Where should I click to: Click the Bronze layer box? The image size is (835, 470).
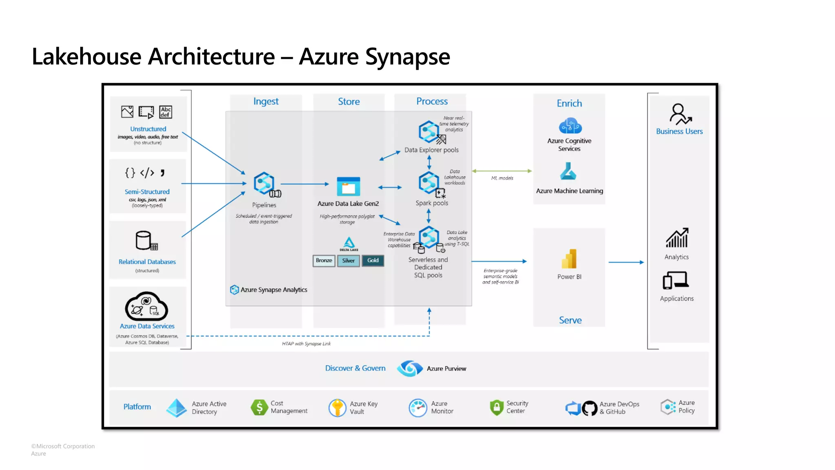click(x=324, y=261)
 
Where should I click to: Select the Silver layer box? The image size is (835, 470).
click(x=349, y=261)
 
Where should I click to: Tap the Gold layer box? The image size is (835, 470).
click(x=373, y=261)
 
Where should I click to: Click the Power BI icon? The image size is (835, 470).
click(x=569, y=259)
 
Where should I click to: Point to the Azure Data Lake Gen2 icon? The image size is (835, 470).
click(x=349, y=187)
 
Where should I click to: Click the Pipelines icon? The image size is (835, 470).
click(x=265, y=184)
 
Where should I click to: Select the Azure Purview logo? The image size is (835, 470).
click(x=410, y=368)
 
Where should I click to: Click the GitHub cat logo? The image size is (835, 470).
click(x=590, y=408)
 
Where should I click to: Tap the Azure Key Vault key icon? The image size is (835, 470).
click(x=337, y=408)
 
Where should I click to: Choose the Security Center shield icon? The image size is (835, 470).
click(x=497, y=407)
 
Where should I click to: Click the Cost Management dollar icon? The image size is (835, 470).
click(x=259, y=407)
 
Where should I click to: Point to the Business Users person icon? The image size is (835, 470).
click(x=680, y=114)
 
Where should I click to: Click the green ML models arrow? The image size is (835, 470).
click(x=502, y=171)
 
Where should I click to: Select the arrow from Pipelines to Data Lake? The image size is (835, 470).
click(x=305, y=184)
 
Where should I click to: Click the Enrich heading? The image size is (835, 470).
click(x=569, y=103)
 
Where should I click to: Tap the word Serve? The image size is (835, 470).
click(x=570, y=320)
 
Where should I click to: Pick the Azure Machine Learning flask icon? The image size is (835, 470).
click(x=568, y=171)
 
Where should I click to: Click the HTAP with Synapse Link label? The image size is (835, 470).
click(x=306, y=344)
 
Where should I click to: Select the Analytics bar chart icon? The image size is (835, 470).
click(x=677, y=238)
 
